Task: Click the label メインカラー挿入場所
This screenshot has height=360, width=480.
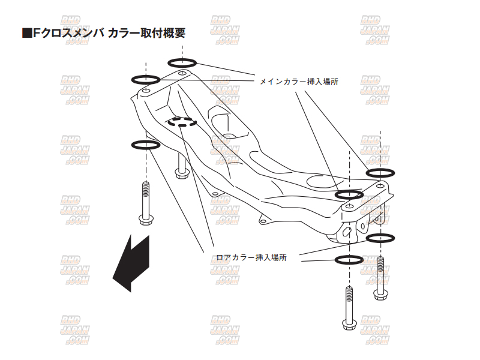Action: tap(299, 82)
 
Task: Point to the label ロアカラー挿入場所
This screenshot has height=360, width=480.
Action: tap(251, 257)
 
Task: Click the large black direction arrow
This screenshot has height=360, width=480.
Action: tap(133, 260)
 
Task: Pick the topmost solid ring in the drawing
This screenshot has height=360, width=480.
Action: tap(183, 62)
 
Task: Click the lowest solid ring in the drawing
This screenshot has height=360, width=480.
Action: tap(349, 260)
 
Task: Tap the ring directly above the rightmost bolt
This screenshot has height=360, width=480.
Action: tap(380, 238)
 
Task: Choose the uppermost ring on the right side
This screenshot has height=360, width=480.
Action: tap(380, 173)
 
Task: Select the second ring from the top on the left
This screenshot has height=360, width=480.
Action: tap(145, 79)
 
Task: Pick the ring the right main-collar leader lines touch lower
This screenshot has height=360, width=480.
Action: tap(349, 194)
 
